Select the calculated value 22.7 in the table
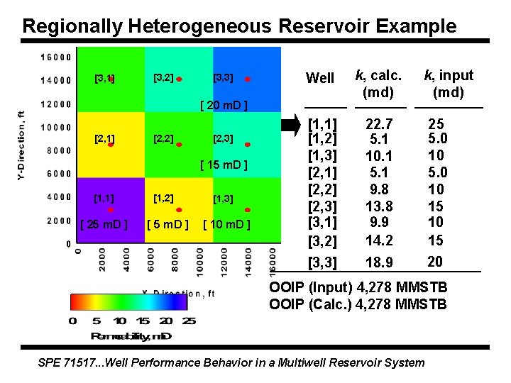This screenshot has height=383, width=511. [378, 124]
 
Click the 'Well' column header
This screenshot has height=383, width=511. [319, 78]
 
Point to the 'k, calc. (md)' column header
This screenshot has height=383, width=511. [378, 84]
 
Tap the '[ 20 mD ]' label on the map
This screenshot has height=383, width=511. [224, 106]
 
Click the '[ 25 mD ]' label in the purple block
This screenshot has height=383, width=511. [104, 225]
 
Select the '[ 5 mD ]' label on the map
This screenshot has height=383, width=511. [167, 225]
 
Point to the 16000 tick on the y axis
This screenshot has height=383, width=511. [55, 57]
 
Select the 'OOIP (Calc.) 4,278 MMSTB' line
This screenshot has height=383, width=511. [358, 305]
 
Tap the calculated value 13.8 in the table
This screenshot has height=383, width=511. [378, 206]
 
